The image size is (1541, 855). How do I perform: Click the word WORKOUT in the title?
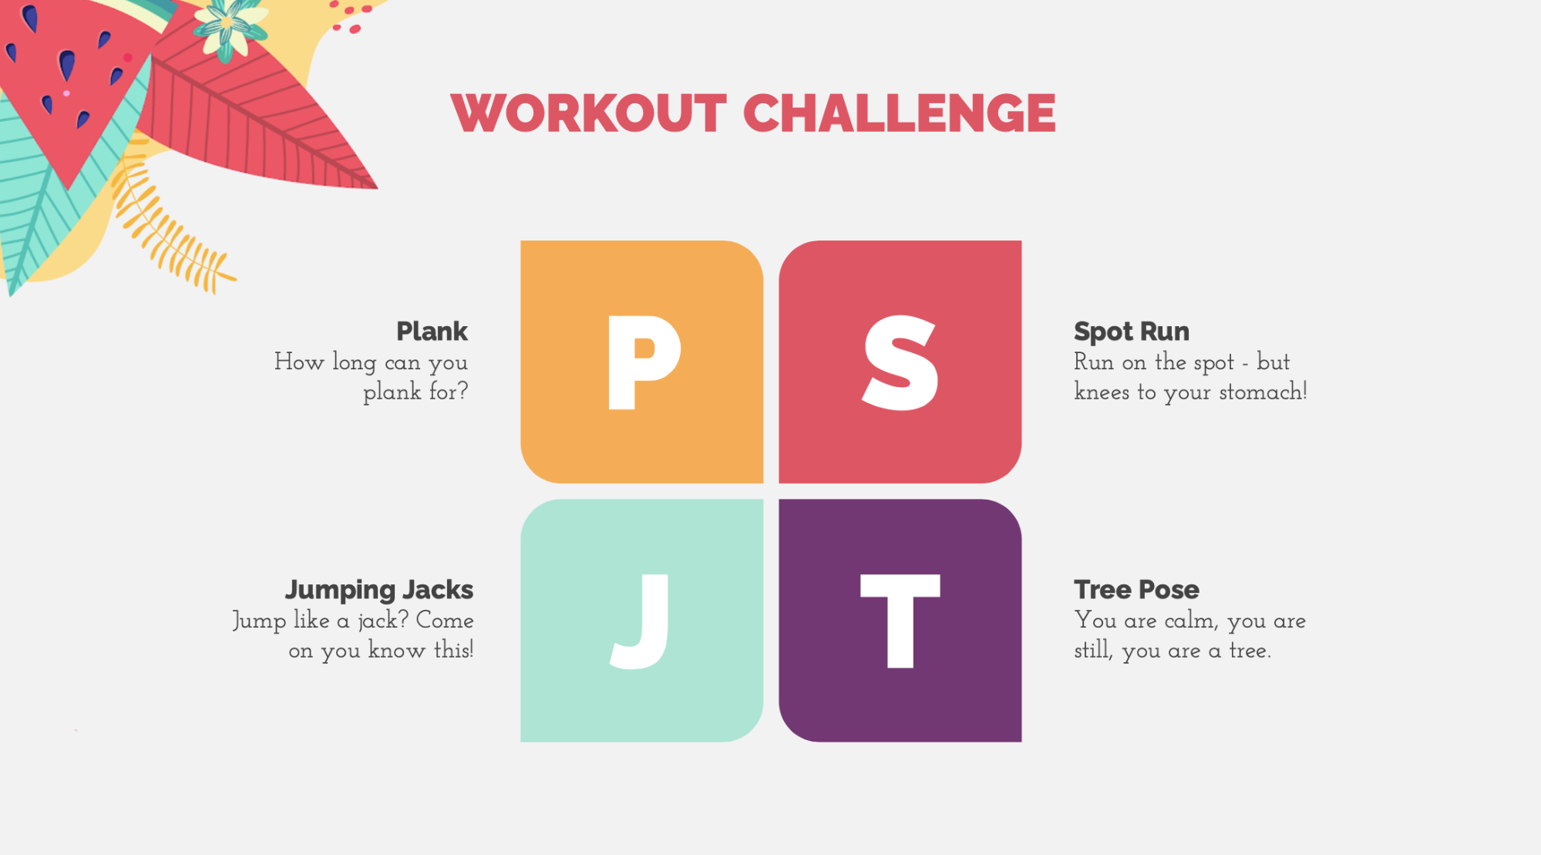[588, 113]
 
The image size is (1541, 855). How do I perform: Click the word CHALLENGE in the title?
[900, 113]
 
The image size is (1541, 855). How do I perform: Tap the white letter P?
[644, 362]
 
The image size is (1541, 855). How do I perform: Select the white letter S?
[900, 362]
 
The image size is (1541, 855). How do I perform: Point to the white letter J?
[640, 621]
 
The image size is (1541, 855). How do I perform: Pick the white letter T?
[900, 621]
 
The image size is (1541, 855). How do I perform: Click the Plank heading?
[432, 332]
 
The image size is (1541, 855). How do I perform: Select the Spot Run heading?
[1132, 332]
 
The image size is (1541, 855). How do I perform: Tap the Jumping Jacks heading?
[379, 590]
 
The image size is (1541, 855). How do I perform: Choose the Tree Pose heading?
[1136, 590]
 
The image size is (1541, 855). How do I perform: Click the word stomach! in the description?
[1263, 392]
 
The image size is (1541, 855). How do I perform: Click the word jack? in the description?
[383, 621]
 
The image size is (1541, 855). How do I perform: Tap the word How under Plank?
[299, 362]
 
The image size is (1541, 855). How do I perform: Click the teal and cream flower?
[229, 28]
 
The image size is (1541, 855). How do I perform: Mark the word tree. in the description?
[1250, 651]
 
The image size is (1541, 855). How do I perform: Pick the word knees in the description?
[1102, 392]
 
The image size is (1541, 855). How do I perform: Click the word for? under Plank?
[449, 392]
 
